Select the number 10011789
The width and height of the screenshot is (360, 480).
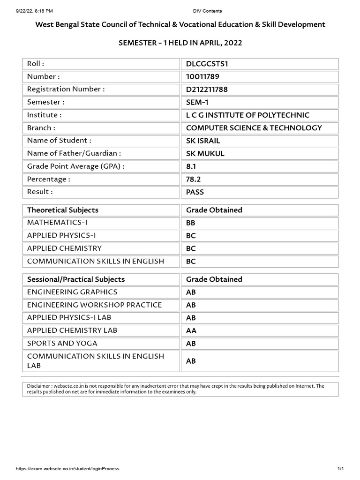click(202, 76)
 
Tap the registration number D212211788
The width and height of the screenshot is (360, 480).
click(207, 89)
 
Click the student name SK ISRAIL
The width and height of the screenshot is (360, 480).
click(203, 140)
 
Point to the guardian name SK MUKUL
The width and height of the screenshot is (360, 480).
click(205, 153)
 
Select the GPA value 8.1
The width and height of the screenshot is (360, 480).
click(191, 166)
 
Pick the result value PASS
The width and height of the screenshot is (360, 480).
click(195, 192)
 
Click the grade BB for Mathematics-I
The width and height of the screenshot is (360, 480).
click(191, 223)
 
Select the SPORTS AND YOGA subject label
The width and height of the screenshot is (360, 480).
click(62, 343)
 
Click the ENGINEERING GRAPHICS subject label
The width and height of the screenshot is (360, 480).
click(72, 292)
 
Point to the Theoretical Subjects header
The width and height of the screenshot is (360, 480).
click(63, 210)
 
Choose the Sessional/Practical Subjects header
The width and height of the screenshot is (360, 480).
click(76, 279)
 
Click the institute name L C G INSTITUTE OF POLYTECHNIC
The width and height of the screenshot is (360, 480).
click(247, 115)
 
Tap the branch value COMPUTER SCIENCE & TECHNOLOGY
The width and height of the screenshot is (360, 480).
click(254, 127)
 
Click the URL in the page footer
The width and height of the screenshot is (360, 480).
click(67, 469)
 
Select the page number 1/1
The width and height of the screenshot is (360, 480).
click(341, 469)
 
